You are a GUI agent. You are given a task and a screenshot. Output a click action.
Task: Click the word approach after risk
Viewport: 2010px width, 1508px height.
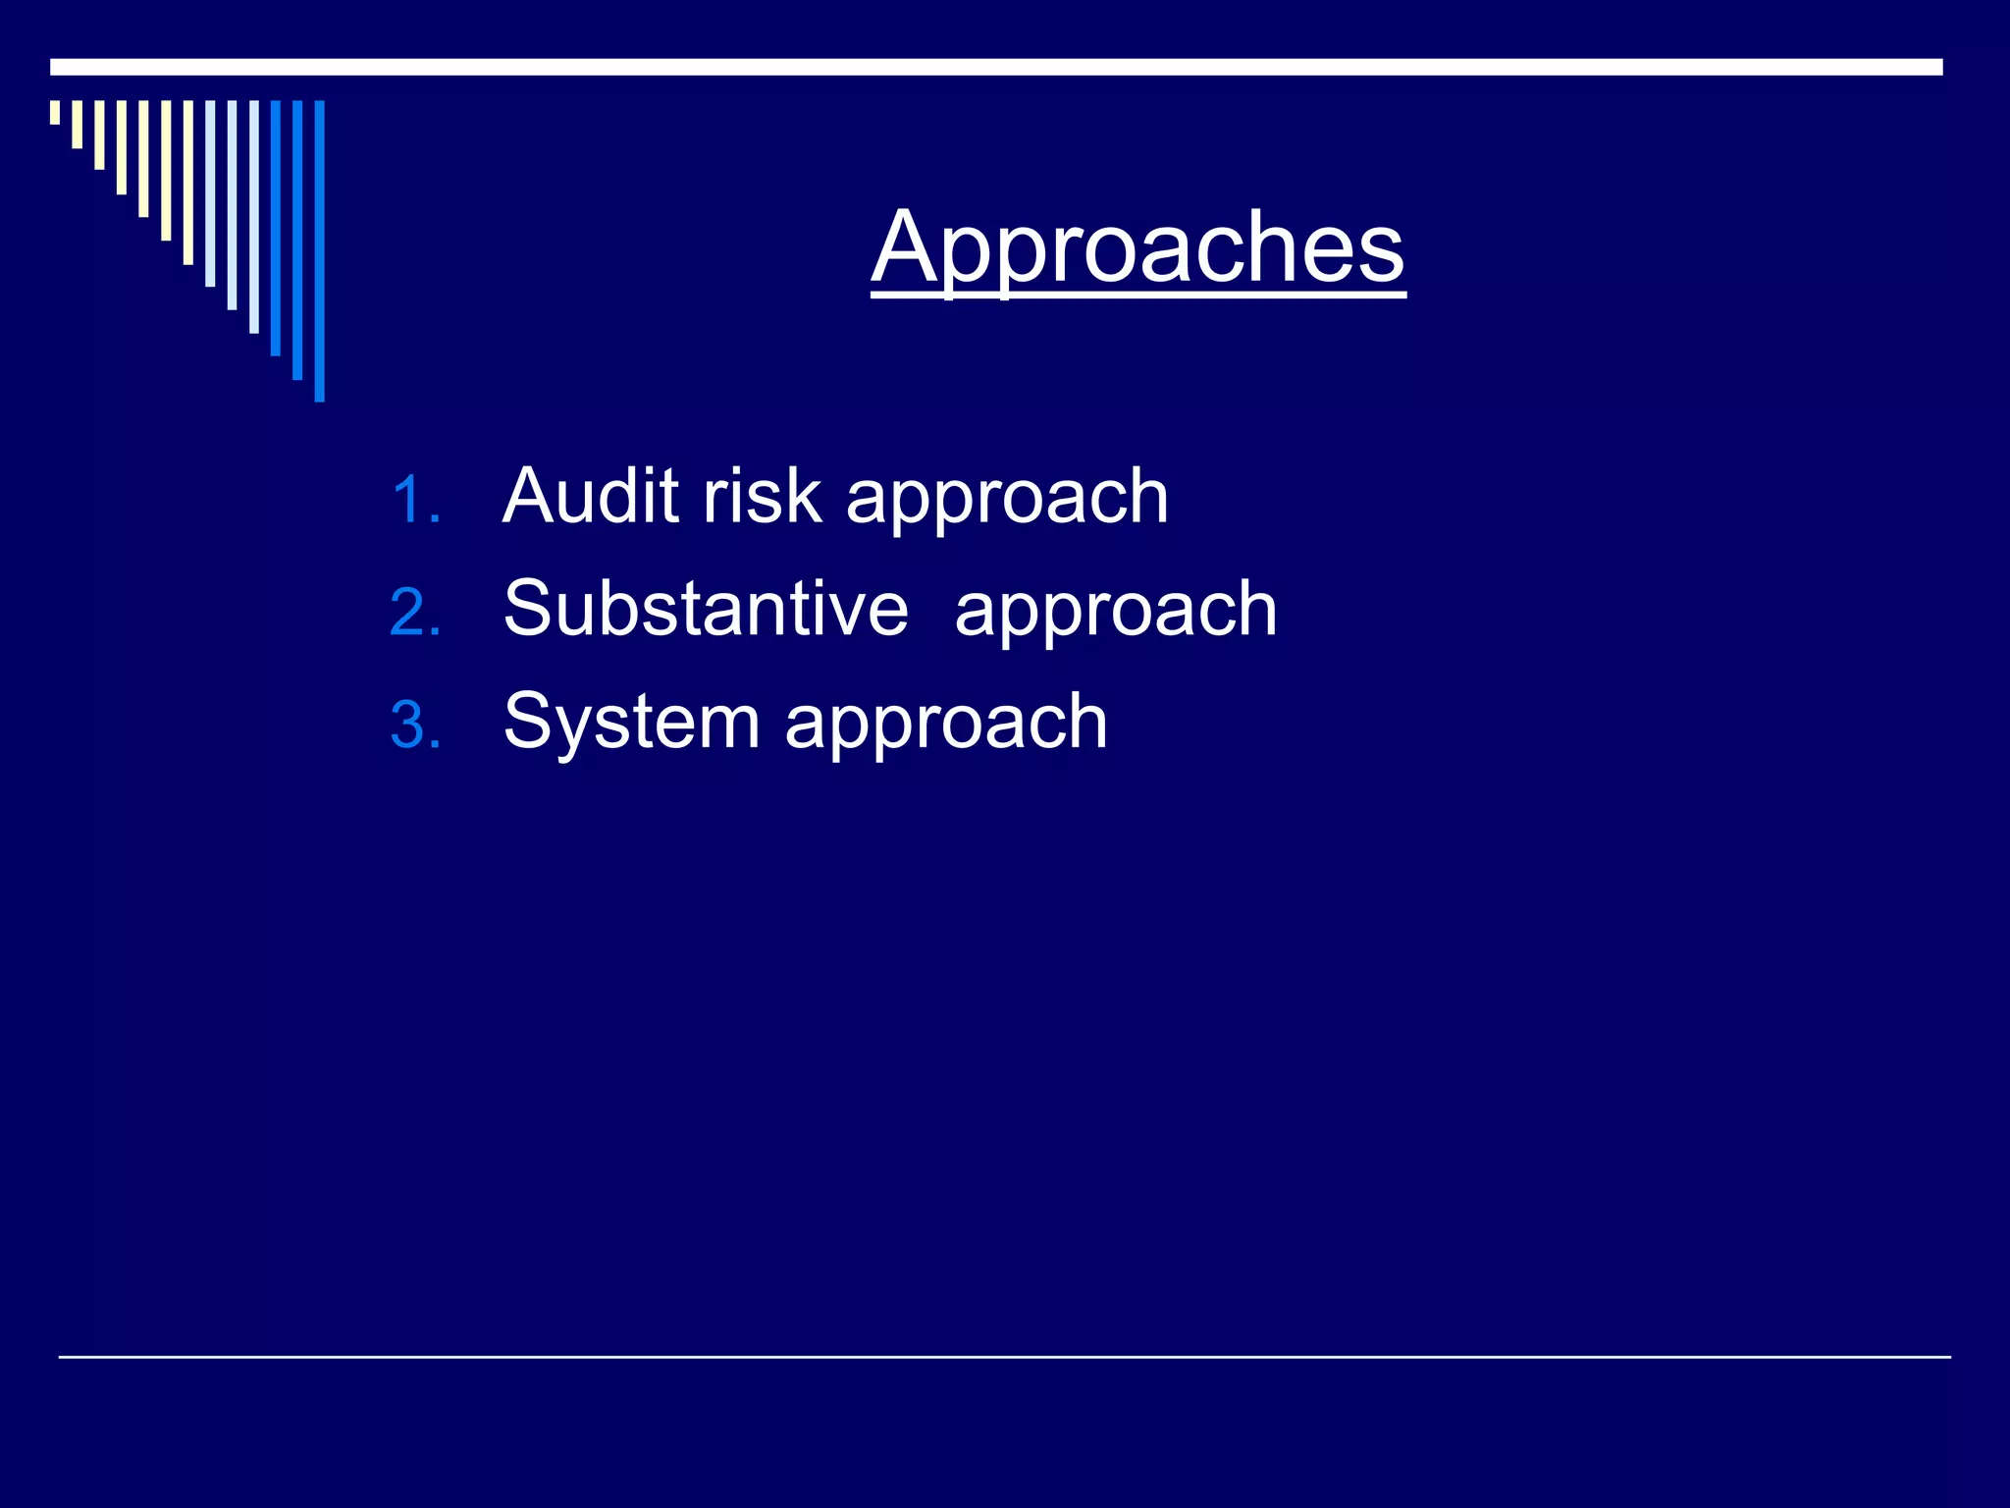(1007, 501)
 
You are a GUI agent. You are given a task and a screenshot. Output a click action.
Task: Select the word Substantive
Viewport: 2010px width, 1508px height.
(706, 609)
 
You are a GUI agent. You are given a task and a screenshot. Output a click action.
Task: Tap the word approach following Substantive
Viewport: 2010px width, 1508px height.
(1116, 614)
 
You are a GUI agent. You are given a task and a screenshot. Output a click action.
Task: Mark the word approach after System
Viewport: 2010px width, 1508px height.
(946, 727)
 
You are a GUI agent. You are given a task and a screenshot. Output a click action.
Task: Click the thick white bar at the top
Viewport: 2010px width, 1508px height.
(995, 67)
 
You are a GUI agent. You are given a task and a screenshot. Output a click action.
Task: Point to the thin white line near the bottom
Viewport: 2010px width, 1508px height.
(1004, 1357)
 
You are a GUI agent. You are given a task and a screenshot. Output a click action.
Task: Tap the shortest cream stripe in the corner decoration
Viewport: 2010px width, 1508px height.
(55, 112)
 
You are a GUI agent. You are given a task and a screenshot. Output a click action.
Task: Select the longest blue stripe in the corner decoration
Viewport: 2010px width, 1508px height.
(319, 250)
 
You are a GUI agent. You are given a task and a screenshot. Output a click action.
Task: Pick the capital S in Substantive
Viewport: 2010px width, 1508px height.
(529, 609)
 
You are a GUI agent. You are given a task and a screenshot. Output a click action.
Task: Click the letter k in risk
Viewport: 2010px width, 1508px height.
(803, 496)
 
